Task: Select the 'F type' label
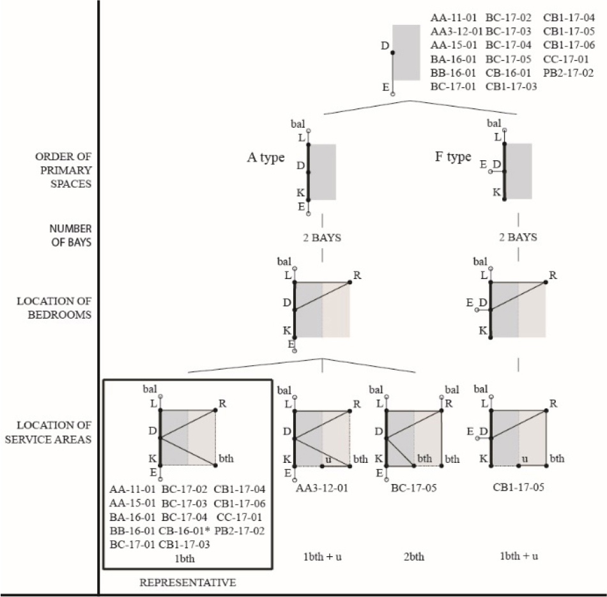coord(453,157)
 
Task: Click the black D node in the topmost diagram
coord(393,52)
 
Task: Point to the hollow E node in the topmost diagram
coord(393,94)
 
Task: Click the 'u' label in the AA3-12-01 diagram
coord(328,458)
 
